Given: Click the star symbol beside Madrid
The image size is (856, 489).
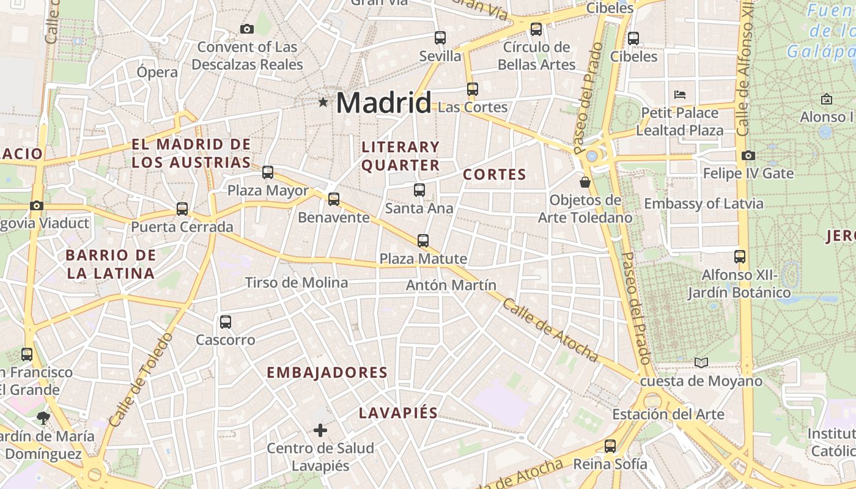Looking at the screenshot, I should [x=323, y=102].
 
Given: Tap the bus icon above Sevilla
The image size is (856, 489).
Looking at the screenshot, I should [x=440, y=37].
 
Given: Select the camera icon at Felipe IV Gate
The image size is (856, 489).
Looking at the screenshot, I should [x=748, y=156].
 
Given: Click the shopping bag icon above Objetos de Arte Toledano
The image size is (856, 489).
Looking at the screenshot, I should [x=585, y=182].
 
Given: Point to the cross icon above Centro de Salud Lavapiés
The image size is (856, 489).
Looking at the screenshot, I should [x=320, y=430].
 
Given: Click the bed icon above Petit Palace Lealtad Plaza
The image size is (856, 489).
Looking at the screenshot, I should [x=679, y=95].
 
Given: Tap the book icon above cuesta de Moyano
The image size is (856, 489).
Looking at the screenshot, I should [x=701, y=363].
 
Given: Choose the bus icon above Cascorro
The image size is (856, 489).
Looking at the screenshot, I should [x=226, y=322].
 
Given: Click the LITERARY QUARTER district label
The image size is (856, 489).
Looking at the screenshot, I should [x=400, y=156].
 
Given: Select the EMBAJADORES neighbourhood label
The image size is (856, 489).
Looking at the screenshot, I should [x=327, y=372].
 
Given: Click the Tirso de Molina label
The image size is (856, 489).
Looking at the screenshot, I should [x=297, y=282].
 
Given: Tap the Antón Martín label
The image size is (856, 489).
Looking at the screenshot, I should [x=451, y=285].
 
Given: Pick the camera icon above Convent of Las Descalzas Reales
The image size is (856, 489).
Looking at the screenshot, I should [x=247, y=29].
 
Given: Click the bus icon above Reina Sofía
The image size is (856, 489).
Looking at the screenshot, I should [x=610, y=446].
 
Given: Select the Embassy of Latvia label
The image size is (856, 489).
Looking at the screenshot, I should [x=704, y=204].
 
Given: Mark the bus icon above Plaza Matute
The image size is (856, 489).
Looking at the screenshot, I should [x=423, y=240].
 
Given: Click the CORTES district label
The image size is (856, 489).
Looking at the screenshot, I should [x=495, y=174].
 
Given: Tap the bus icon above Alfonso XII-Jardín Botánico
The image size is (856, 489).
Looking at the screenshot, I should [x=740, y=257].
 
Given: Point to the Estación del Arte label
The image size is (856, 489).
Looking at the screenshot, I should [x=668, y=414].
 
